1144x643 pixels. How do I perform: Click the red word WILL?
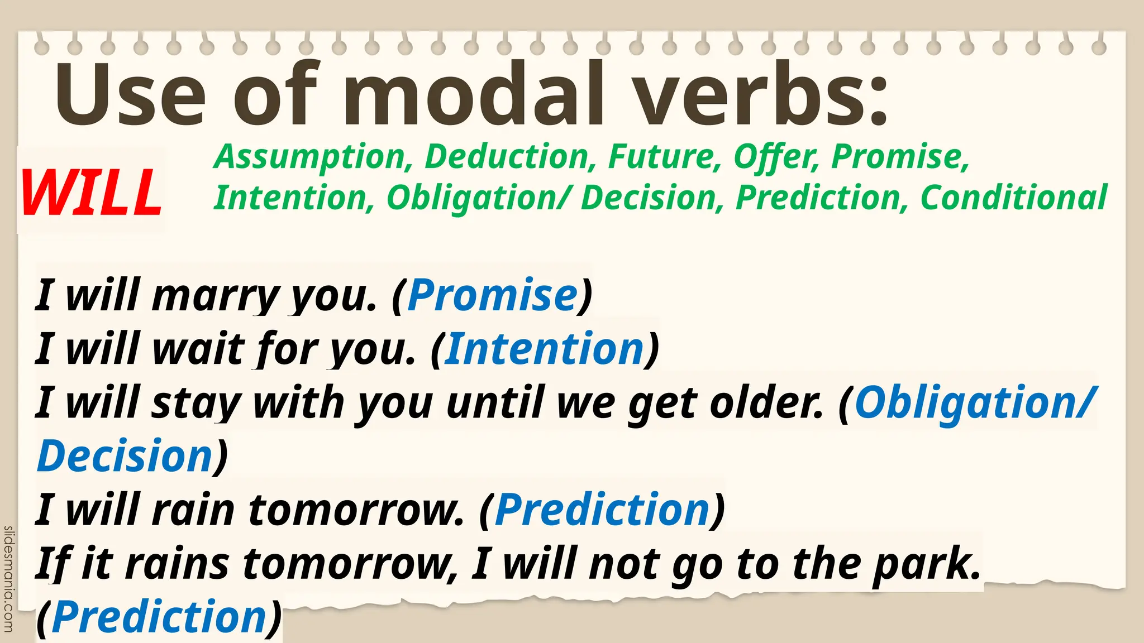(x=91, y=191)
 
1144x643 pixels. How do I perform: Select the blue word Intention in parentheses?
(x=545, y=349)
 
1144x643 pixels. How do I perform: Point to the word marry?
(x=214, y=296)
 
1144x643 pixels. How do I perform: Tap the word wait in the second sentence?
(x=199, y=349)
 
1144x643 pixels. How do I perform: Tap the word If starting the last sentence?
(x=54, y=564)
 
